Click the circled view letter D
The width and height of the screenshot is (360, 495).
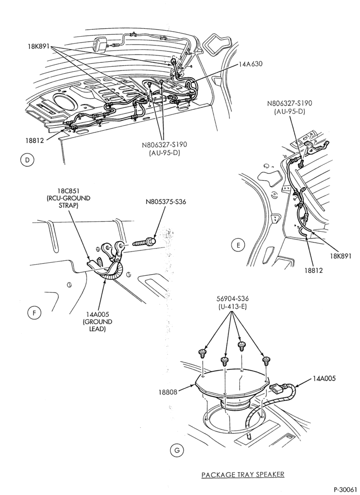pyautogui.click(x=27, y=160)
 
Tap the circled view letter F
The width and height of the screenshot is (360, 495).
pyautogui.click(x=34, y=313)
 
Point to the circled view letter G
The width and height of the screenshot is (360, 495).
pyautogui.click(x=177, y=450)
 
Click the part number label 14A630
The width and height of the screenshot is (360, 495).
pyautogui.click(x=251, y=64)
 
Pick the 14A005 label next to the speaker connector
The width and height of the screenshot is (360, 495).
pyautogui.click(x=324, y=378)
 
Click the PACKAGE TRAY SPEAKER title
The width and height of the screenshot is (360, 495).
pyautogui.click(x=243, y=474)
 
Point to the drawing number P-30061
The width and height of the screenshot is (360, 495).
pyautogui.click(x=345, y=490)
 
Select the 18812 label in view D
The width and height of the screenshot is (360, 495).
pyautogui.click(x=34, y=140)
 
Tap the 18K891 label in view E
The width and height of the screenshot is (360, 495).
pyautogui.click(x=341, y=256)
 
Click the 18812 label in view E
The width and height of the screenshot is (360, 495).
pyautogui.click(x=314, y=270)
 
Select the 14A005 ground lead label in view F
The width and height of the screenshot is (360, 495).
pyautogui.click(x=97, y=321)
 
